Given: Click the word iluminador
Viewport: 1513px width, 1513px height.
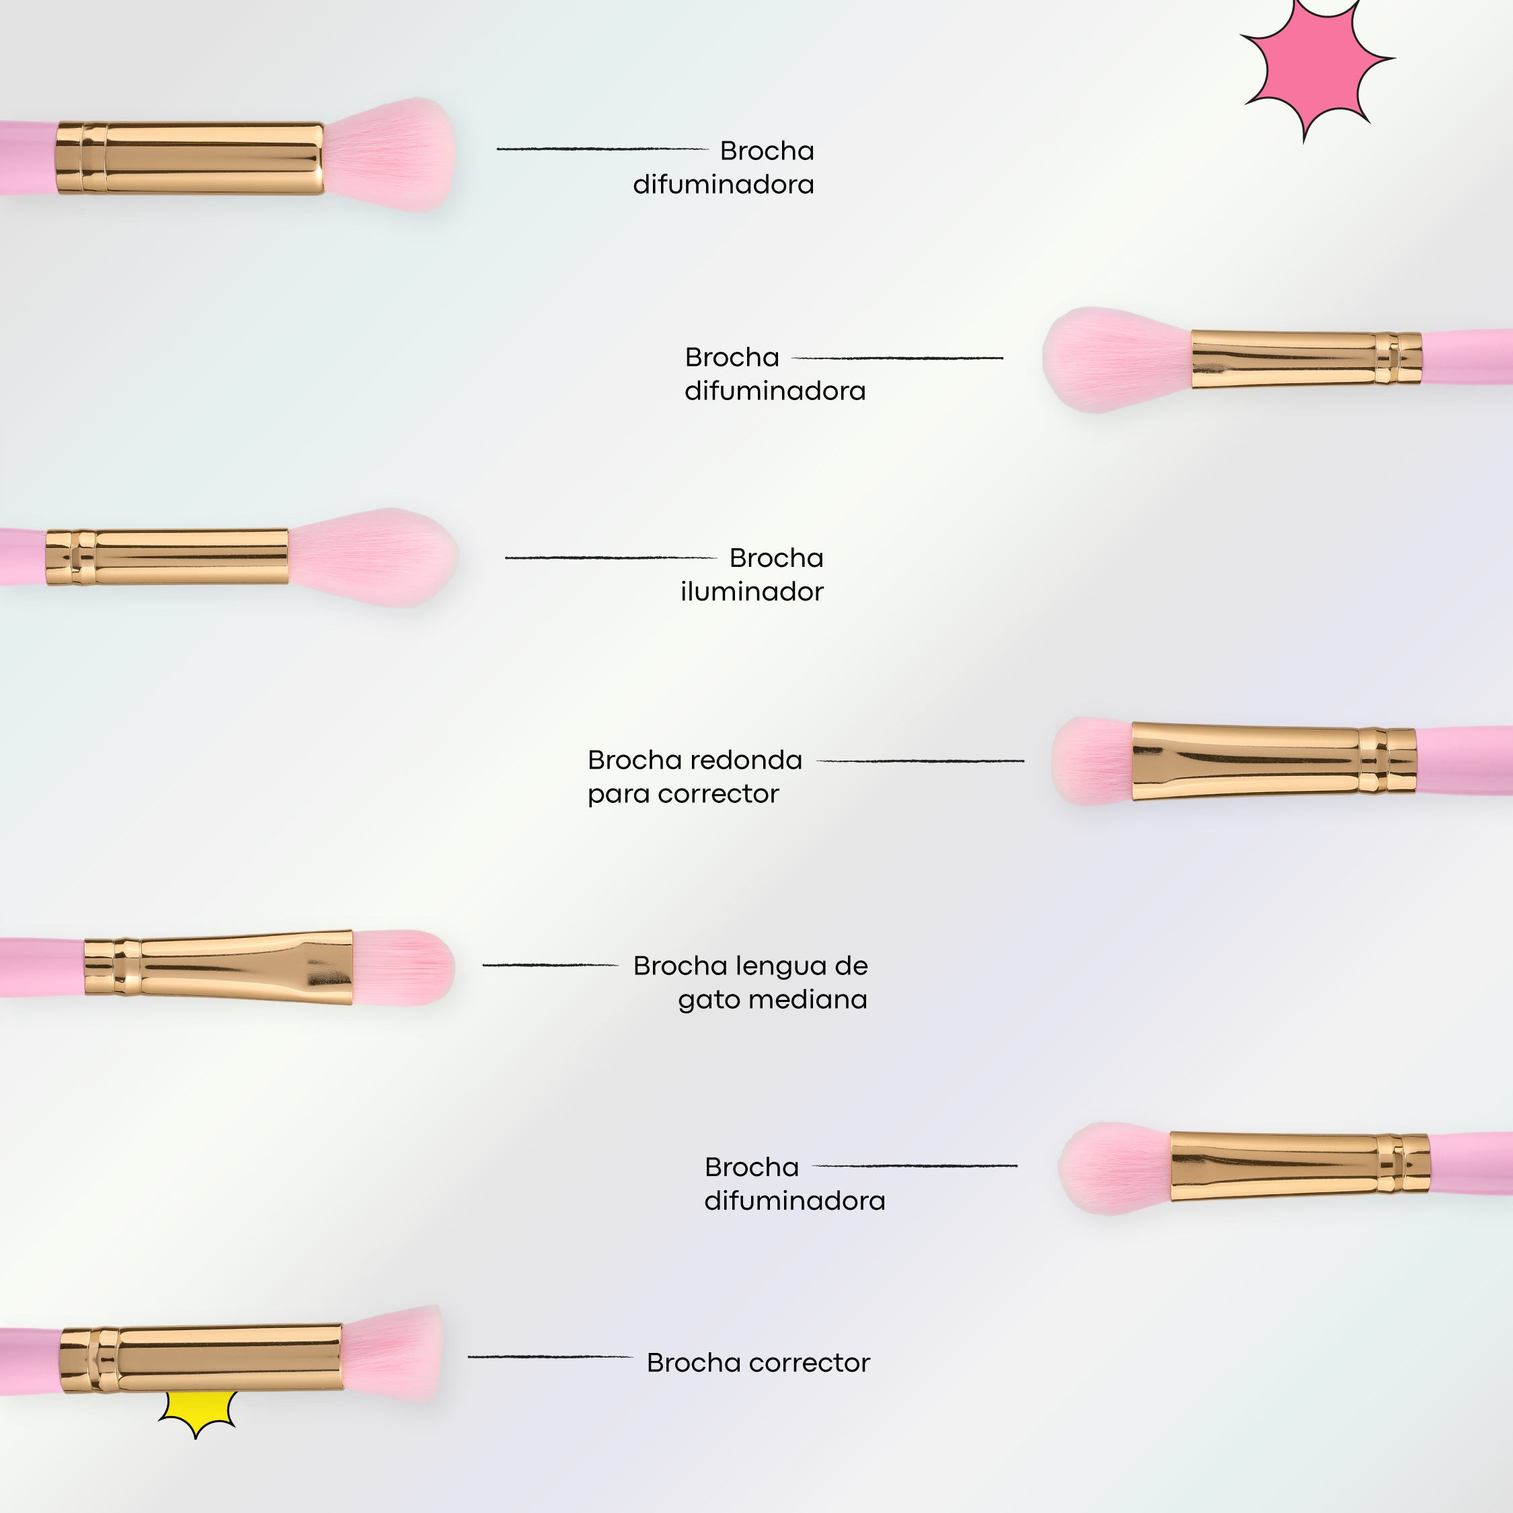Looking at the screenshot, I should tap(752, 592).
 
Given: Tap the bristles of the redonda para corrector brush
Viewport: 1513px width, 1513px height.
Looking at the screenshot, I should tap(1093, 761).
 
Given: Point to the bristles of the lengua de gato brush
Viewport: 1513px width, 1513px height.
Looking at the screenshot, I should tap(403, 967).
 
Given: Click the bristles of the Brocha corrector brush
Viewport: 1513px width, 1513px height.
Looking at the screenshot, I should tap(391, 1355).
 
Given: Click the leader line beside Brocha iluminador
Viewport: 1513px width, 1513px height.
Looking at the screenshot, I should tap(611, 557).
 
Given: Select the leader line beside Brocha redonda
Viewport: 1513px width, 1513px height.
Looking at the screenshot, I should tap(920, 761).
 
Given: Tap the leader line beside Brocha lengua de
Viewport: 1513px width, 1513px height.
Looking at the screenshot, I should tap(550, 965).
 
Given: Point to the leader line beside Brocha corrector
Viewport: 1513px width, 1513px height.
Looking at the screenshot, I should tap(550, 1356).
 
